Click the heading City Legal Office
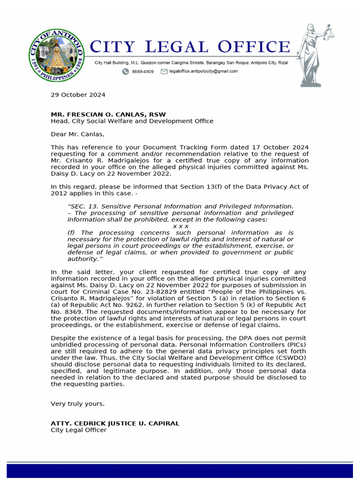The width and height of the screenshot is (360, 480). pyautogui.click(x=189, y=47)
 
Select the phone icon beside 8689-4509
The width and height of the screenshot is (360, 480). pyautogui.click(x=126, y=72)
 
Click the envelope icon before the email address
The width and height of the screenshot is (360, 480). pyautogui.click(x=164, y=72)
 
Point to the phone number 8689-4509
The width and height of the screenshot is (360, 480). pyautogui.click(x=142, y=72)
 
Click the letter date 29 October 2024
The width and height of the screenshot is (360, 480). pyautogui.click(x=78, y=95)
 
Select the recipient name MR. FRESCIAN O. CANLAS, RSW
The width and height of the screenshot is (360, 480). pyautogui.click(x=108, y=114)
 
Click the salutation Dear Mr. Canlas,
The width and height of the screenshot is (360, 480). pyautogui.click(x=78, y=134)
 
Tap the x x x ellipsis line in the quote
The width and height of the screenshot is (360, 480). pyautogui.click(x=180, y=226)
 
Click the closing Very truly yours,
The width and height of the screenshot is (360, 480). pyautogui.click(x=78, y=404)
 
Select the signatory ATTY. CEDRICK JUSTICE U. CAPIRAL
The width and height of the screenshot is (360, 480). pyautogui.click(x=115, y=423)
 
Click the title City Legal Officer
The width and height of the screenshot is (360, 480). pyautogui.click(x=78, y=430)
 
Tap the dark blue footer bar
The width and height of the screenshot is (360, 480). pyautogui.click(x=180, y=471)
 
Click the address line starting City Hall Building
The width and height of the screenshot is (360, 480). pyautogui.click(x=191, y=62)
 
